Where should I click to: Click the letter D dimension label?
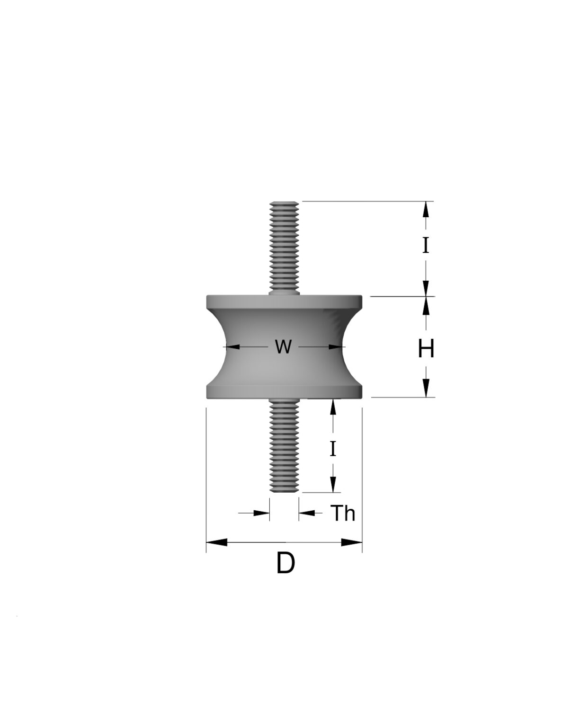coord(285,563)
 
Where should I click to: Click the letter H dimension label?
coord(426,349)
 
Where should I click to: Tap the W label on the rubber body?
coord(283,347)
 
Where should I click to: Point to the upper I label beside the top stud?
coord(426,246)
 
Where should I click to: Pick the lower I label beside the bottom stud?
coord(333,449)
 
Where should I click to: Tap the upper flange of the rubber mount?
coord(284,301)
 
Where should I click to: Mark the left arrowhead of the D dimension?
coord(216,542)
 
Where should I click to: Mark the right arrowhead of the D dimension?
coord(352,542)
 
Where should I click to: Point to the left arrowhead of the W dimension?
coord(233,347)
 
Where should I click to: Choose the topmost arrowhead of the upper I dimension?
coord(426,209)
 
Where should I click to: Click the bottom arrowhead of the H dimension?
coord(426,388)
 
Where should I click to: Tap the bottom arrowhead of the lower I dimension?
coord(333,484)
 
